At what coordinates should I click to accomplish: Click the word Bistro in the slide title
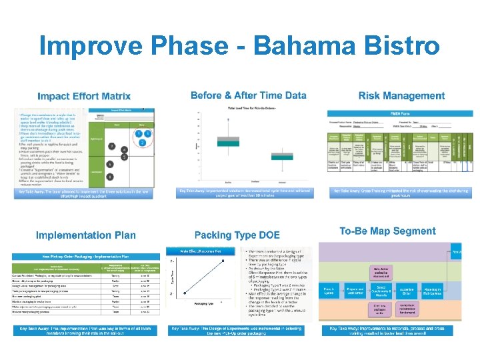(400, 46)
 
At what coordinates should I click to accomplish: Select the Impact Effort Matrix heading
(84, 97)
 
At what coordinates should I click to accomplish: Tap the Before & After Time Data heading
(249, 95)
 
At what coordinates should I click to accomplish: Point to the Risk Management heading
(402, 96)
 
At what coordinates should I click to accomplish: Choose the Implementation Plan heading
(85, 235)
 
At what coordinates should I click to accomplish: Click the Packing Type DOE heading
(237, 235)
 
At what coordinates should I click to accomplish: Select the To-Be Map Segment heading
(387, 231)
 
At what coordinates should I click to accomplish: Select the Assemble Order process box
(424, 291)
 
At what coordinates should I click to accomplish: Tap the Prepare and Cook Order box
(355, 291)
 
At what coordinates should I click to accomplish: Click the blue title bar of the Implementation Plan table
(86, 257)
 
